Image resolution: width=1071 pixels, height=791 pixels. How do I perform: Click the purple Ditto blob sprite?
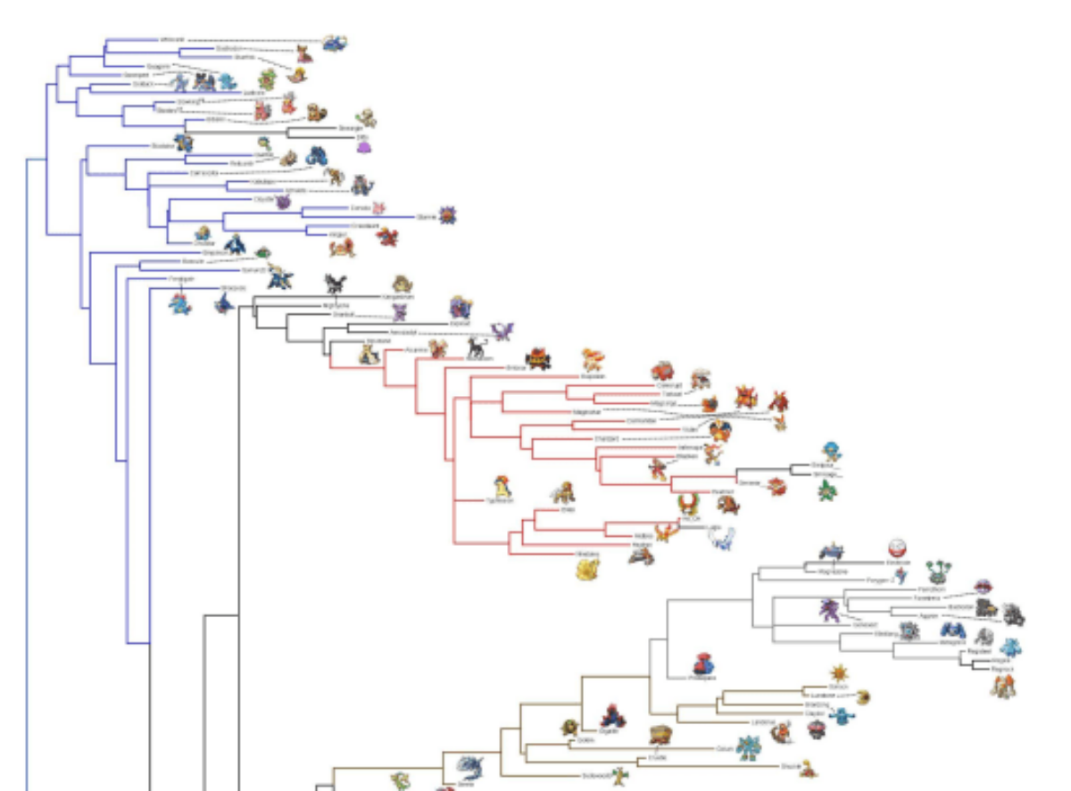click(362, 147)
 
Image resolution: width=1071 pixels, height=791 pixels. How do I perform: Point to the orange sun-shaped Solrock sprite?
click(836, 672)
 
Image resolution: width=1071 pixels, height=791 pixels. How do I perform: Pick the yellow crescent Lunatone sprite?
click(860, 696)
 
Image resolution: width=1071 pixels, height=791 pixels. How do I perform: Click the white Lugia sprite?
click(721, 538)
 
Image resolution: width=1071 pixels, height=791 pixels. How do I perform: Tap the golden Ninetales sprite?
click(586, 569)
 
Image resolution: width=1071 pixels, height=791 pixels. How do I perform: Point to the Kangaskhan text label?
click(397, 297)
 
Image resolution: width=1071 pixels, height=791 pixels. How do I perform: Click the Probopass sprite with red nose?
click(704, 664)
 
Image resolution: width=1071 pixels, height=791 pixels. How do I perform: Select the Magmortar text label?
click(585, 412)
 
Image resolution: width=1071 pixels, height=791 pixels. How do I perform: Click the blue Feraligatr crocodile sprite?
click(179, 305)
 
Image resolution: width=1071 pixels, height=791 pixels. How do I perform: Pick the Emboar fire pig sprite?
click(536, 358)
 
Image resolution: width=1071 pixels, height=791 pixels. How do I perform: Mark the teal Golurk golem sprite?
click(747, 747)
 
